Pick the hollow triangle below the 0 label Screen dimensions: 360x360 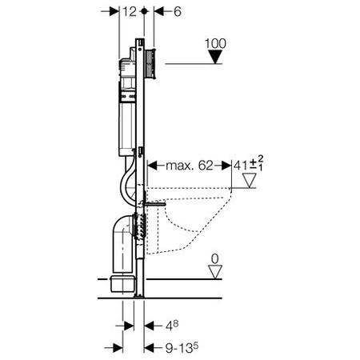point(214,273)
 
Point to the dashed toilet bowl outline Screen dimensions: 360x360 point(200,216)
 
